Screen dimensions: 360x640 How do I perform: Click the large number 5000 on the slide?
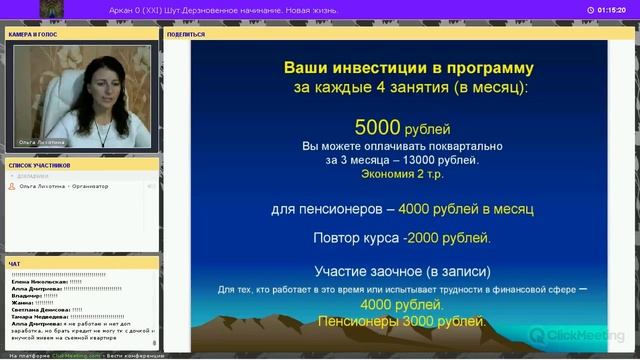[377, 127]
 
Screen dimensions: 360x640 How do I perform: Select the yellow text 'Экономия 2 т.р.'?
[402, 173]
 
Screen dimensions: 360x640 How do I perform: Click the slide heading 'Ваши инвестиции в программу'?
[409, 69]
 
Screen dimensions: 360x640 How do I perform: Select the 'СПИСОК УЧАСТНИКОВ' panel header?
[39, 164]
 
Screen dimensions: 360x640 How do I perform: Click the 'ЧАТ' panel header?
[14, 264]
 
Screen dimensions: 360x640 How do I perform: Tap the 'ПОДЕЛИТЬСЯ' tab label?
[186, 33]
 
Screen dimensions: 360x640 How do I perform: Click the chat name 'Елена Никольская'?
[39, 282]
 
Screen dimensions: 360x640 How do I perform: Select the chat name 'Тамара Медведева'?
[40, 317]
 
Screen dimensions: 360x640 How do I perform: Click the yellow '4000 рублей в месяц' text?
[466, 210]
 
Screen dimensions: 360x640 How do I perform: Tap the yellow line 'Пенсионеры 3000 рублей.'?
[402, 322]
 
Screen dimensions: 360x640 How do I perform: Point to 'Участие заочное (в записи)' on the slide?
[402, 271]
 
